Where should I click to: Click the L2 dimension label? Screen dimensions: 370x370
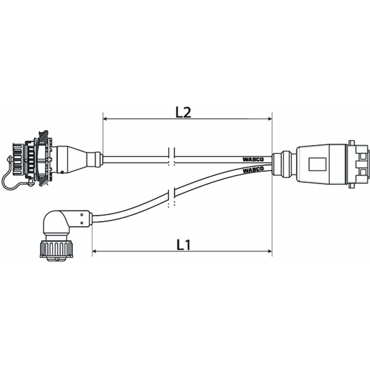pos(184,113)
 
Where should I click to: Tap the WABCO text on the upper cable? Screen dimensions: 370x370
pos(253,159)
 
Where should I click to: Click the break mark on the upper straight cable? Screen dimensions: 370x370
pos(172,156)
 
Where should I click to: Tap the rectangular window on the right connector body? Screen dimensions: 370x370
pos(317,163)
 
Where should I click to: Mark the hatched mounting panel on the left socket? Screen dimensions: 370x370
pos(43,162)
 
